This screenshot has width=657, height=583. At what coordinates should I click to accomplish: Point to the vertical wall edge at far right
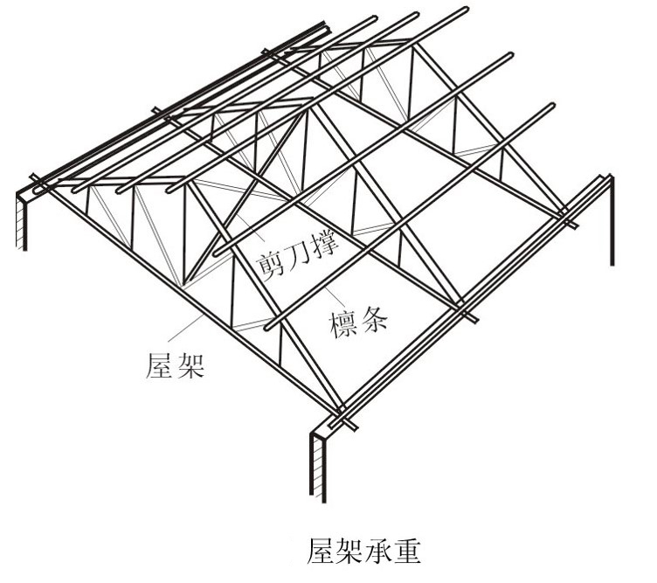point(611,219)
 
